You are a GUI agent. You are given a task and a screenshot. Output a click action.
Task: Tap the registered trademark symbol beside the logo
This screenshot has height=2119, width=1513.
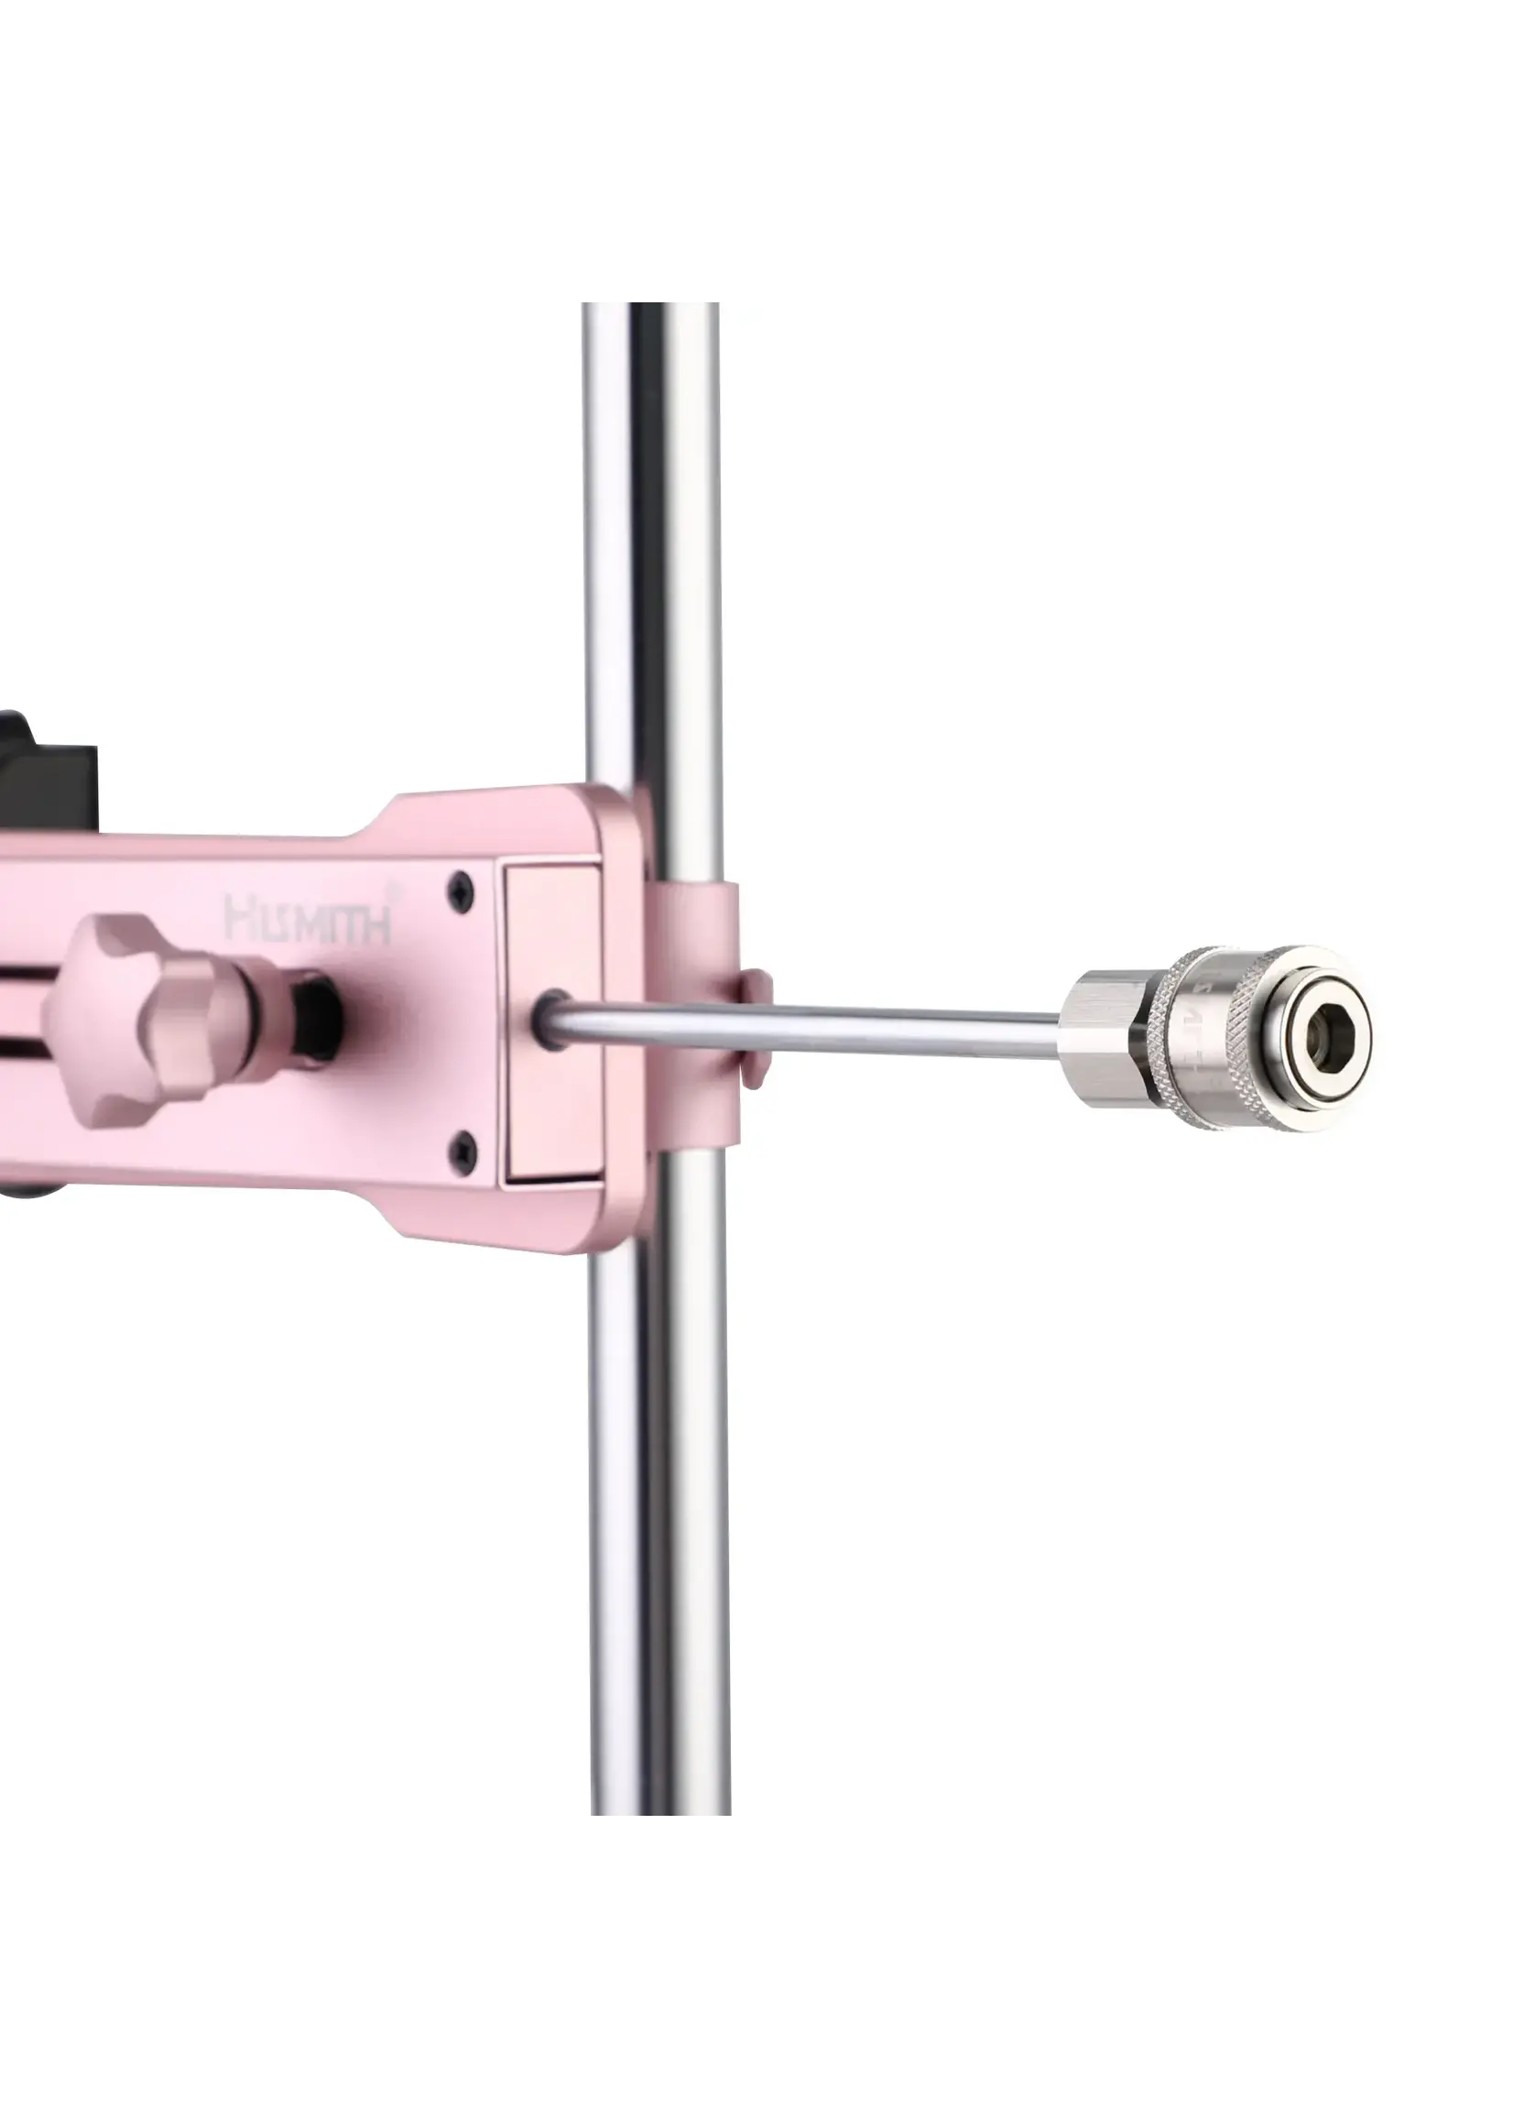tap(397, 890)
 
